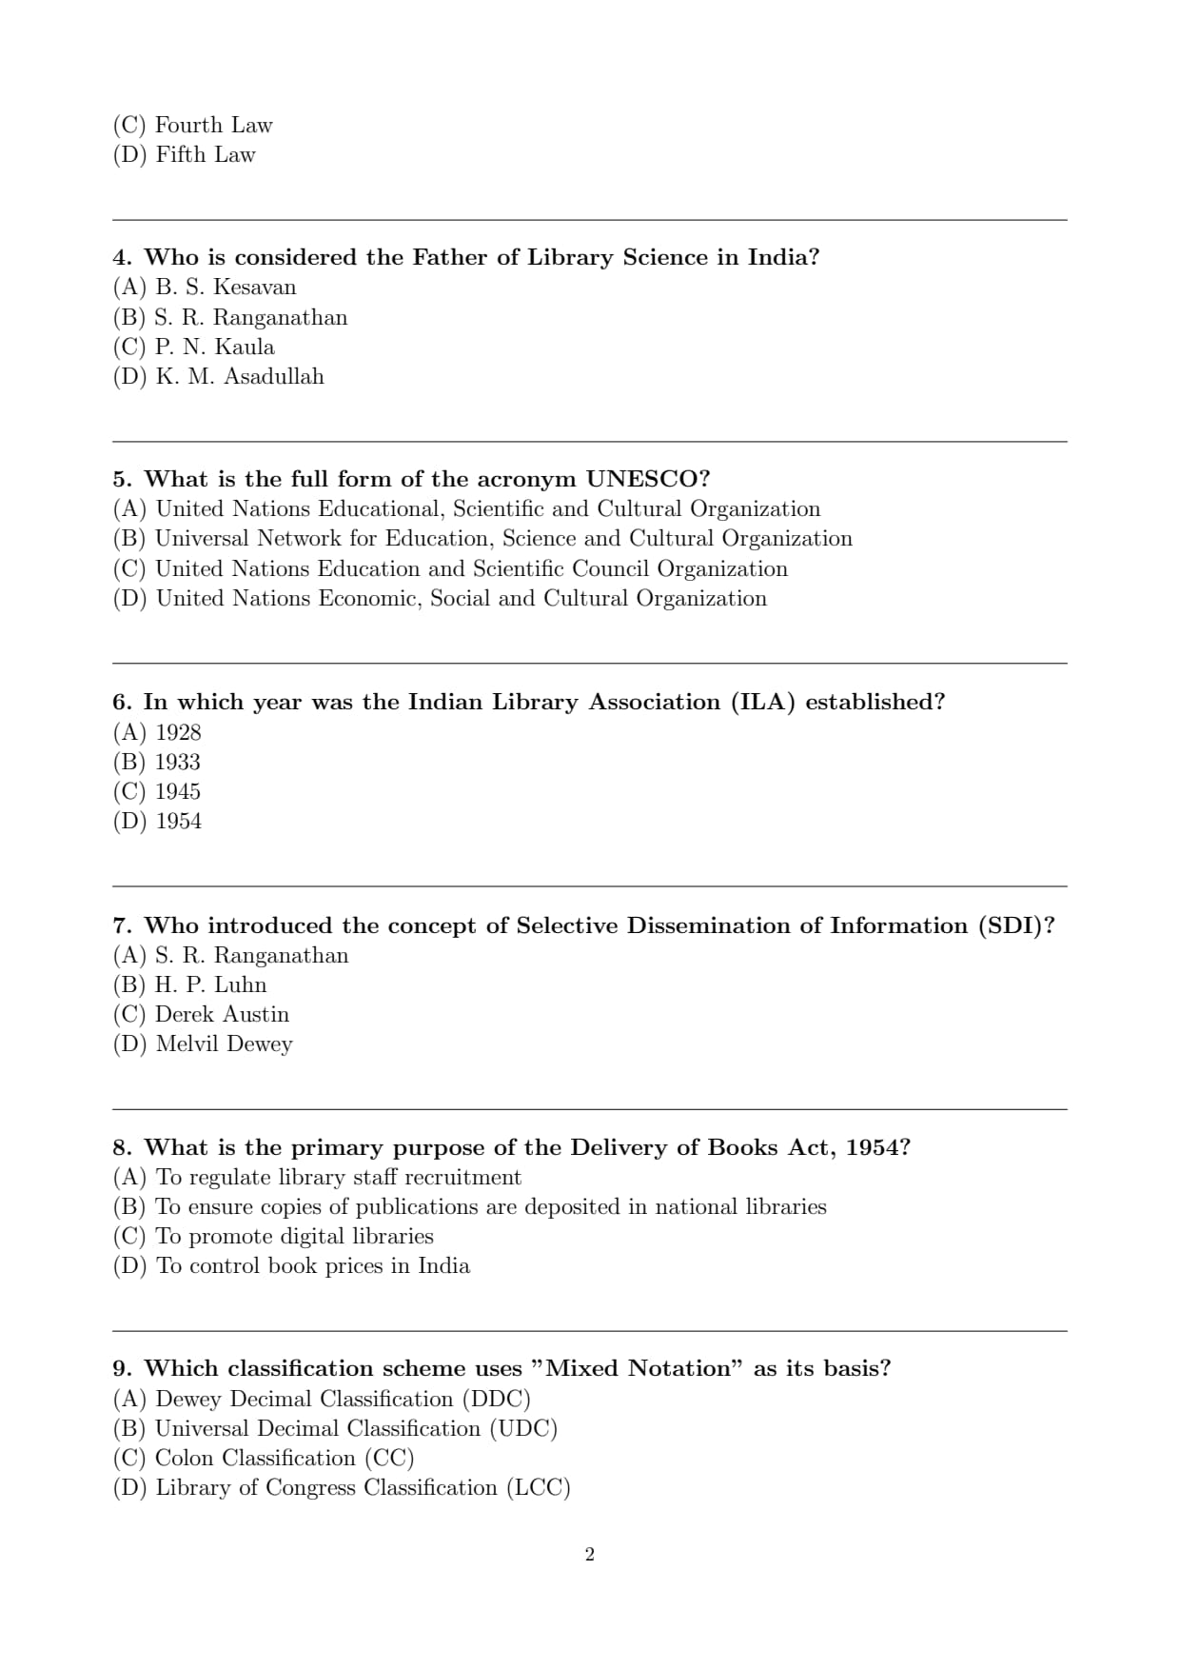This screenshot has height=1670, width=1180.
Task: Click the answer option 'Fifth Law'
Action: [205, 154]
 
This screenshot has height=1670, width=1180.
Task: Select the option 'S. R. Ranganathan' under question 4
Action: [250, 317]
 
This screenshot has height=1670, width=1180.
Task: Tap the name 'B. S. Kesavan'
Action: [226, 287]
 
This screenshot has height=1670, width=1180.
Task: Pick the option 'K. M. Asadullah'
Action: [239, 376]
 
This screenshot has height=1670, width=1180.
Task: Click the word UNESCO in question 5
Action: [647, 478]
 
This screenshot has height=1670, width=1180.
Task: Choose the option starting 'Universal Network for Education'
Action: [503, 538]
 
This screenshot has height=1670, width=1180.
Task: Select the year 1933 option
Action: [177, 762]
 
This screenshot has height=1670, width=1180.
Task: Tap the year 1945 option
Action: [177, 791]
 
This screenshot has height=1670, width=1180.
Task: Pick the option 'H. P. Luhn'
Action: [210, 984]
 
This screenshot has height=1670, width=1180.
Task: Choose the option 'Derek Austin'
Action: [222, 1014]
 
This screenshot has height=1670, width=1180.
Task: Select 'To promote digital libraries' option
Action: [294, 1236]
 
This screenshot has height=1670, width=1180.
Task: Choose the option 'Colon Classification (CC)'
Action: [284, 1458]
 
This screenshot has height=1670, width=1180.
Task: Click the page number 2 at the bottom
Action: [589, 1555]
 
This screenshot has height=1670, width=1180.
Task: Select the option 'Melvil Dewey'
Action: [224, 1044]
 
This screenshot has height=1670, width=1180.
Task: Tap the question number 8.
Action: [122, 1147]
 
